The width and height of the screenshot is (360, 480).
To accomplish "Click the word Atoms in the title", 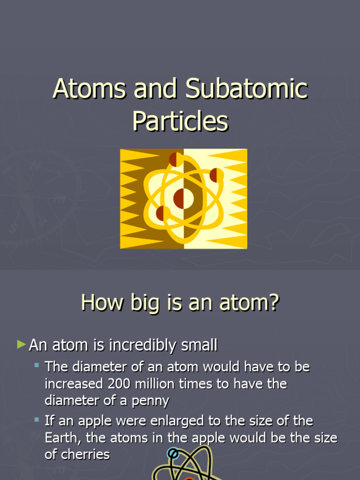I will (89, 89).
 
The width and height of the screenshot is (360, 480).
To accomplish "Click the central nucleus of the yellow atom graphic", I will (183, 199).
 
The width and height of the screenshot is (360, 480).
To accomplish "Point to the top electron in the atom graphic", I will (176, 159).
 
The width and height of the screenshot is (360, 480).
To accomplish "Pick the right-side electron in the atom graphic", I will (216, 175).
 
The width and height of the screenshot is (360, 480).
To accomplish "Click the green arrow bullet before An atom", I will (21, 345).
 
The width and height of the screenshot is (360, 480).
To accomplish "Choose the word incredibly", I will (142, 345).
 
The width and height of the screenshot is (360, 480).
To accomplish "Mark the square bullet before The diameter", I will (37, 365).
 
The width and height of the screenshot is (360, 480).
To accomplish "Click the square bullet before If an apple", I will (37, 419).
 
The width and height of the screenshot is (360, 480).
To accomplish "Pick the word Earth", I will (62, 438).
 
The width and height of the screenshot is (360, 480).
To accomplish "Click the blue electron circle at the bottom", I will (173, 453).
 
